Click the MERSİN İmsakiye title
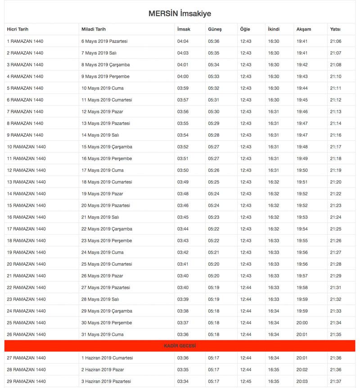[x=180, y=13]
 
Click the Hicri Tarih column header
[x=18, y=29]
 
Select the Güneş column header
[x=215, y=29]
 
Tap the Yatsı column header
[x=335, y=29]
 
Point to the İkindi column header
[x=274, y=29]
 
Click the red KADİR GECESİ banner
[x=180, y=346]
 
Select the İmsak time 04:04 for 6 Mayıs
[x=183, y=41]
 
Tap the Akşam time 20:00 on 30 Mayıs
[x=302, y=322]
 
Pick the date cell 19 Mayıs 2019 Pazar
[x=102, y=194]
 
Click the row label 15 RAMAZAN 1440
[x=26, y=205]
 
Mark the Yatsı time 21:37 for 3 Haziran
[x=336, y=381]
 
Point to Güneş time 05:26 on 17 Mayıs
[x=214, y=170]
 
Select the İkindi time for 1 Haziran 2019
[x=274, y=358]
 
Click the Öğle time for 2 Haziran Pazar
[x=246, y=370]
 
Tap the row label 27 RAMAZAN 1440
[x=26, y=358]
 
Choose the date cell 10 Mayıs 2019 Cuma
[x=103, y=88]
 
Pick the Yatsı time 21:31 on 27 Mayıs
[x=336, y=287]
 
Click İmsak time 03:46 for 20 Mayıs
[x=183, y=205]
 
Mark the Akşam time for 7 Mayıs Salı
[x=302, y=53]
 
